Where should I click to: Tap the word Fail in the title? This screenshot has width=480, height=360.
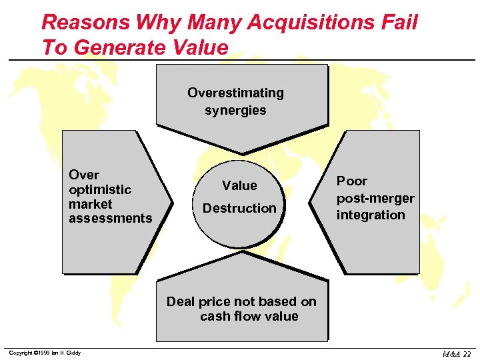[398, 23]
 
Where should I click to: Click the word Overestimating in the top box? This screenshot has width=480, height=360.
[235, 93]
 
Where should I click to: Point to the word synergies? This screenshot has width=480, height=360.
[235, 110]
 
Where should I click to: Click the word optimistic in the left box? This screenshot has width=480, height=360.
[100, 189]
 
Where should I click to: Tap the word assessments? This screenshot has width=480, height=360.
[110, 218]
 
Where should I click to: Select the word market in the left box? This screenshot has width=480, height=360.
[90, 204]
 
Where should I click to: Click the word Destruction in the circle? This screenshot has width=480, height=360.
[239, 208]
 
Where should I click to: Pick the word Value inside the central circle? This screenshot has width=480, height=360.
[239, 185]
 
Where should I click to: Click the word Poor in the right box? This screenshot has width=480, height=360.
[351, 181]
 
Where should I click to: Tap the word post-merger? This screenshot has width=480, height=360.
[375, 198]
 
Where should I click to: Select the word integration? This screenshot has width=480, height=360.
[371, 215]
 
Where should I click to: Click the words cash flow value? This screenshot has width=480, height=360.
[249, 316]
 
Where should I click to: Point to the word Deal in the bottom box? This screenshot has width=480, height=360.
[180, 301]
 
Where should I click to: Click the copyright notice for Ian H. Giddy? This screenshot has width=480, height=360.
[45, 353]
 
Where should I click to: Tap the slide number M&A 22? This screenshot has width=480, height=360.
[456, 353]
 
